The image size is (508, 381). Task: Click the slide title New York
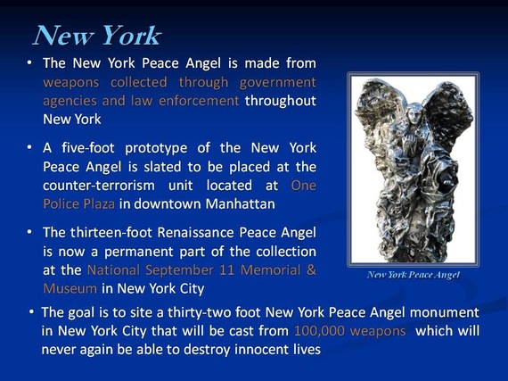(x=97, y=36)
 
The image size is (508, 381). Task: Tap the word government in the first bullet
(x=278, y=83)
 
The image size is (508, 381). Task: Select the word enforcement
(x=199, y=101)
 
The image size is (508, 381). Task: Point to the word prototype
(x=156, y=149)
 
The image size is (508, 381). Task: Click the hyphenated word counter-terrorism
(x=99, y=186)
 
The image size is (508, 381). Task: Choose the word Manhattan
(x=240, y=204)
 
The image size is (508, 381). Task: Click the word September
(x=179, y=270)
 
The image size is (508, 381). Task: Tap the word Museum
(x=70, y=288)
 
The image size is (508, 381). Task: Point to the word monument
(x=444, y=312)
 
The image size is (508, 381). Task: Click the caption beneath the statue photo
(x=414, y=275)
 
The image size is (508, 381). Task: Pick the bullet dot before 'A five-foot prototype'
(x=29, y=147)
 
